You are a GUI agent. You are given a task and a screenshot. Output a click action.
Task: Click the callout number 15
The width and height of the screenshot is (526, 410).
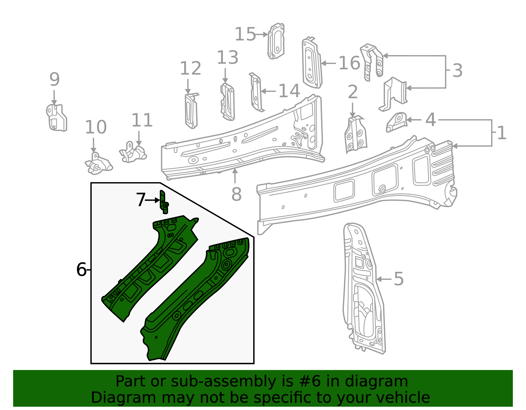[x=245, y=34]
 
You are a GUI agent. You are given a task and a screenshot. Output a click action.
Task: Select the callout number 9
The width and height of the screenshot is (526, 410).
[x=55, y=79]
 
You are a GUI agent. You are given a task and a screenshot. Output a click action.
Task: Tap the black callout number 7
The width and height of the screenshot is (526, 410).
[x=141, y=200]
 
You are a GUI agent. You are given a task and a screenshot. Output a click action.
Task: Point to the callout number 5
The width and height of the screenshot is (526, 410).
[x=398, y=279]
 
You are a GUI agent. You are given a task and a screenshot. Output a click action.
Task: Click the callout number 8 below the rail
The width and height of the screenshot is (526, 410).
[x=236, y=194]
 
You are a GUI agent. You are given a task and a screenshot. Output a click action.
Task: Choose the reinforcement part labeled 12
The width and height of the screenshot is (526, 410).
[x=191, y=111]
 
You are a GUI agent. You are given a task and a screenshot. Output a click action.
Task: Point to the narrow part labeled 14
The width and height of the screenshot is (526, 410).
[x=256, y=93]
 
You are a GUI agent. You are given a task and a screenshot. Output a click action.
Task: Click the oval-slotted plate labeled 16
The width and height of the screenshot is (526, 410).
[x=311, y=63]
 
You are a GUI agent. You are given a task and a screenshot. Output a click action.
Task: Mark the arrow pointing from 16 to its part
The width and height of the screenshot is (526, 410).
[x=329, y=63]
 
